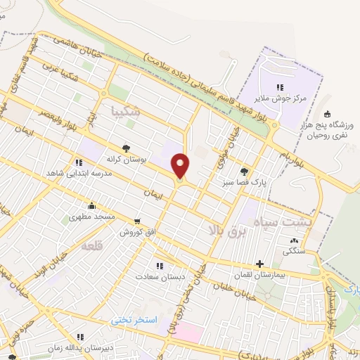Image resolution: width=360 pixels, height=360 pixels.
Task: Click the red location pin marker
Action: [181, 165]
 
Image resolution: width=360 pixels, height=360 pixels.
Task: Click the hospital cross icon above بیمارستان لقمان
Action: [260, 264]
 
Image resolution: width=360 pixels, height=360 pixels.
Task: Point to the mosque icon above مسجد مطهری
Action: [91, 206]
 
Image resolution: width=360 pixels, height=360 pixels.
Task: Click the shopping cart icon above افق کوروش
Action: [137, 220]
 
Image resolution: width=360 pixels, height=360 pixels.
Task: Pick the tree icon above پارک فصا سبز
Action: [244, 170]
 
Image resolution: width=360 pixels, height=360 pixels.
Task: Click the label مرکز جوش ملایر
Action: [281, 99]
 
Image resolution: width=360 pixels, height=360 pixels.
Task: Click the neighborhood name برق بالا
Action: [225, 230]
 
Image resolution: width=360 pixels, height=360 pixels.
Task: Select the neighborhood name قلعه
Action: [91, 246]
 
